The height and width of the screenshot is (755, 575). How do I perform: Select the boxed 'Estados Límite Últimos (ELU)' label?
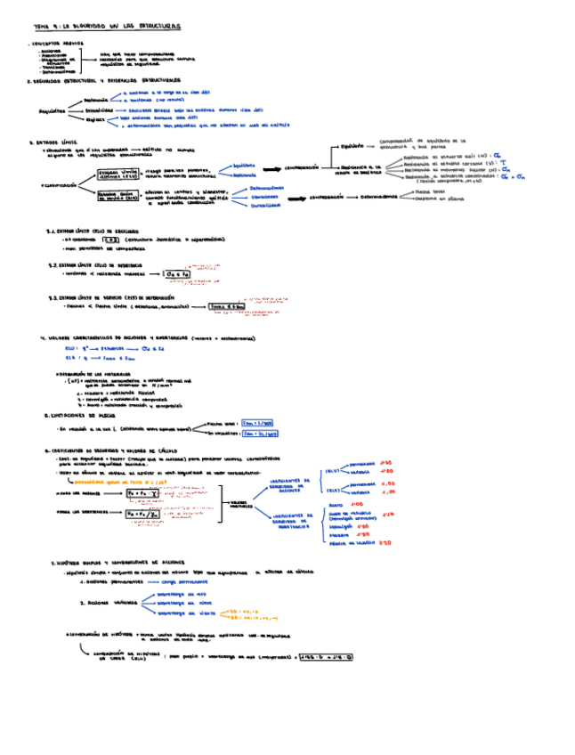coord(119,175)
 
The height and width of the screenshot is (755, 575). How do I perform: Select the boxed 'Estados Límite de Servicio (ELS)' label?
coord(118,196)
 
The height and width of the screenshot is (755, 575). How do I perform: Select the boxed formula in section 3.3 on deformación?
coord(225,307)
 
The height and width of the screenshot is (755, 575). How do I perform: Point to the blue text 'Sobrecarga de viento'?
coord(182,613)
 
